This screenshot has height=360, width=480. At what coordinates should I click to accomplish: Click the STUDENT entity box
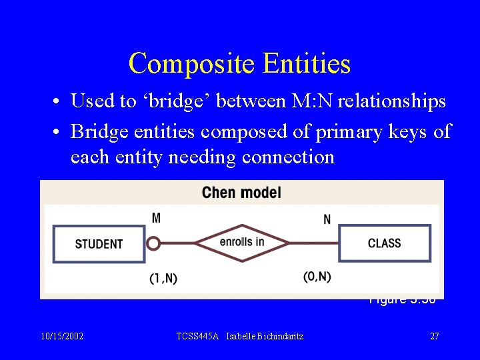pyautogui.click(x=99, y=244)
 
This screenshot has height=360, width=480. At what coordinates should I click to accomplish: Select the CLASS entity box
pyautogui.click(x=385, y=243)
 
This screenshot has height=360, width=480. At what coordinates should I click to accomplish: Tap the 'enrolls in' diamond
pyautogui.click(x=242, y=242)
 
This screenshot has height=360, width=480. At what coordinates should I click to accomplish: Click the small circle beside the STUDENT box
pyautogui.click(x=153, y=243)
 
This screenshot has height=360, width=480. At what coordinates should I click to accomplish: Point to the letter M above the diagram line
pyautogui.click(x=156, y=218)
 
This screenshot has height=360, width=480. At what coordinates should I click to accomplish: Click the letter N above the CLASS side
pyautogui.click(x=327, y=219)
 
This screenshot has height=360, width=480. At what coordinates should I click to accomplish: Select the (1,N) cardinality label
pyautogui.click(x=163, y=278)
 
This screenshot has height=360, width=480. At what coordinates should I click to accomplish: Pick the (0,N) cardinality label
pyautogui.click(x=317, y=277)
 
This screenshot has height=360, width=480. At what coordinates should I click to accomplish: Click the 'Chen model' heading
pyautogui.click(x=241, y=193)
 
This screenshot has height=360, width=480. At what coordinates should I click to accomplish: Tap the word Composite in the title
pyautogui.click(x=193, y=63)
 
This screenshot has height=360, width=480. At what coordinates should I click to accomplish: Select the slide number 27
pyautogui.click(x=435, y=336)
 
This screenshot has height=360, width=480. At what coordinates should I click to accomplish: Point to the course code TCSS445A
pyautogui.click(x=198, y=336)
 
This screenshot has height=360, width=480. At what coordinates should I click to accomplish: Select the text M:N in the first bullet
pyautogui.click(x=309, y=101)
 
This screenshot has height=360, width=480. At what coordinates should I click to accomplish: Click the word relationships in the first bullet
pyautogui.click(x=392, y=101)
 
